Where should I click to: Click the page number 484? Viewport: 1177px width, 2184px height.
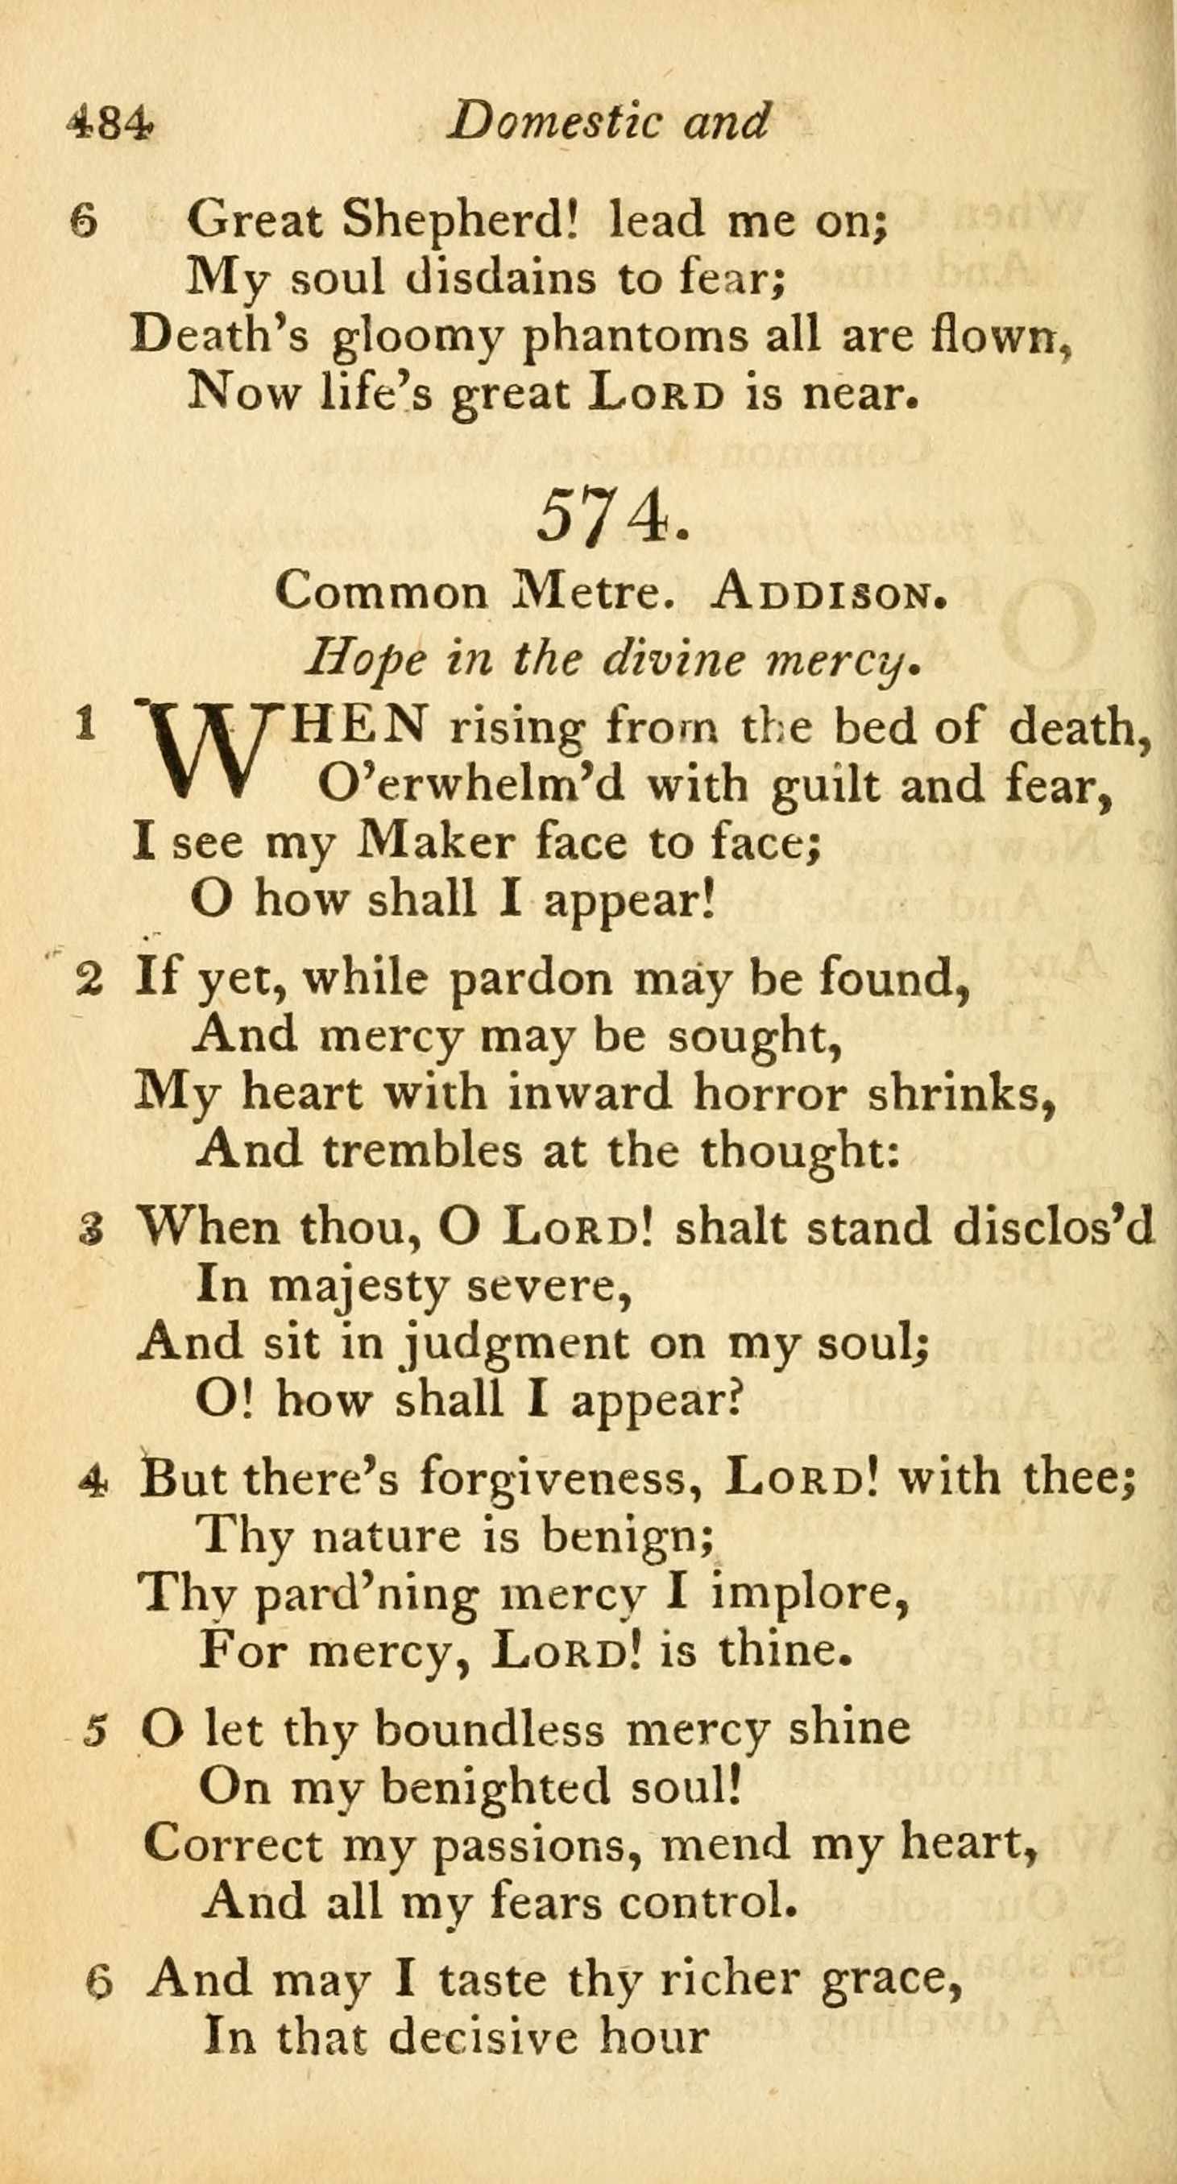[110, 123]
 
